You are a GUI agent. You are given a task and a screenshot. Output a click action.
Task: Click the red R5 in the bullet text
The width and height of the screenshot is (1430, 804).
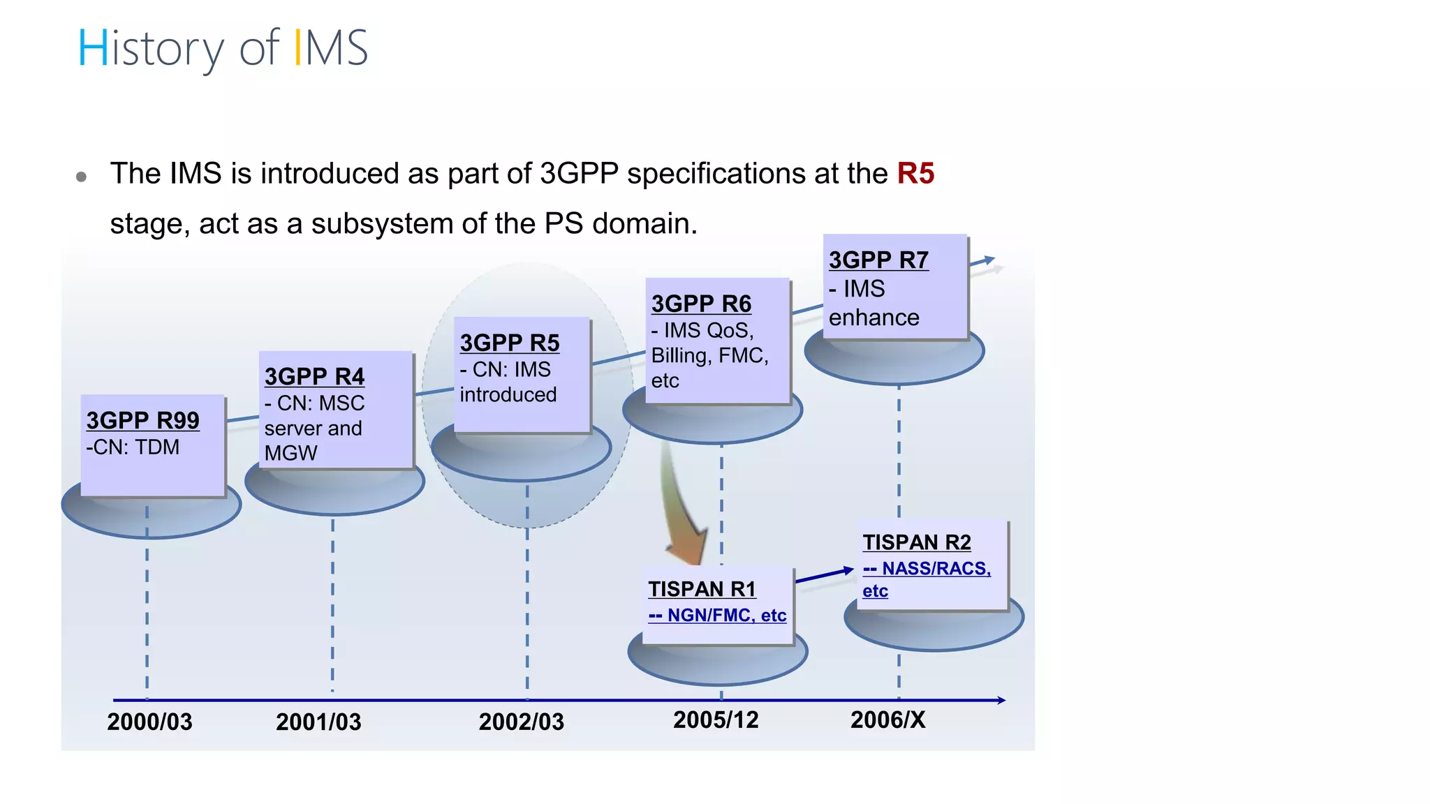915,173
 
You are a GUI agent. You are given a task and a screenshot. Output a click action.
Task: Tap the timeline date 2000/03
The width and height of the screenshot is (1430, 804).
149,722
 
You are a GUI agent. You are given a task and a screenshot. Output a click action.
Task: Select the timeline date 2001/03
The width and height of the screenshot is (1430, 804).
318,722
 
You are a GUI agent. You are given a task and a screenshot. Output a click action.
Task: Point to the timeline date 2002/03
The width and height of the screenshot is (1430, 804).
521,722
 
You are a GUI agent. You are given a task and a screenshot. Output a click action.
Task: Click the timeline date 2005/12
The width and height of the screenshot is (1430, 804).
716,720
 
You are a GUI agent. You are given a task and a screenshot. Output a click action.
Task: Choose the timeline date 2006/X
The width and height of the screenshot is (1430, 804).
887,720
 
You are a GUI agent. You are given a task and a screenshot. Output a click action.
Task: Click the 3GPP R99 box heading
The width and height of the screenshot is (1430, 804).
142,420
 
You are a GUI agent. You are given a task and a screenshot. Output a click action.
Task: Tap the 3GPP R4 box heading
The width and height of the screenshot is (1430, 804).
314,376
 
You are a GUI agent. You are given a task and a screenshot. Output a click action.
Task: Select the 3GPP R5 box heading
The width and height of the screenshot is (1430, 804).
510,343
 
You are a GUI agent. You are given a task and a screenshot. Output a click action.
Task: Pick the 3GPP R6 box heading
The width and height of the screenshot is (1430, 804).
701,304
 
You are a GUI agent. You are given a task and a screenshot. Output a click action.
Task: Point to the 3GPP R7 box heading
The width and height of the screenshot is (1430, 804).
878,260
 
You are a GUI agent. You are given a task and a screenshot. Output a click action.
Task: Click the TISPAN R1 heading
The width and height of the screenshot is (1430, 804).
702,589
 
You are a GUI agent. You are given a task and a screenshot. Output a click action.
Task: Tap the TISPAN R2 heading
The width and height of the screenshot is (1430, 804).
917,542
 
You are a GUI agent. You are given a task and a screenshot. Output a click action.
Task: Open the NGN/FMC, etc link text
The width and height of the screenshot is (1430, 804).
717,615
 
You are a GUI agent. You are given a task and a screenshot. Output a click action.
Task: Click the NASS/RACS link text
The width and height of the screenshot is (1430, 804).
927,569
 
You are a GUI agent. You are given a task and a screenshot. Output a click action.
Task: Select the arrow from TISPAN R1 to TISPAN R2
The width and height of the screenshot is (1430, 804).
824,575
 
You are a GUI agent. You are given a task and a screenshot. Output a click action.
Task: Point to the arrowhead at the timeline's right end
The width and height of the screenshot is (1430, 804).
1001,700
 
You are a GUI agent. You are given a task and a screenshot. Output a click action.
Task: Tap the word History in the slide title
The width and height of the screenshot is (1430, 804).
151,49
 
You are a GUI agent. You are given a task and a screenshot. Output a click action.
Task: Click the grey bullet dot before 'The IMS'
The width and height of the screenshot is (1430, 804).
81,177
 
